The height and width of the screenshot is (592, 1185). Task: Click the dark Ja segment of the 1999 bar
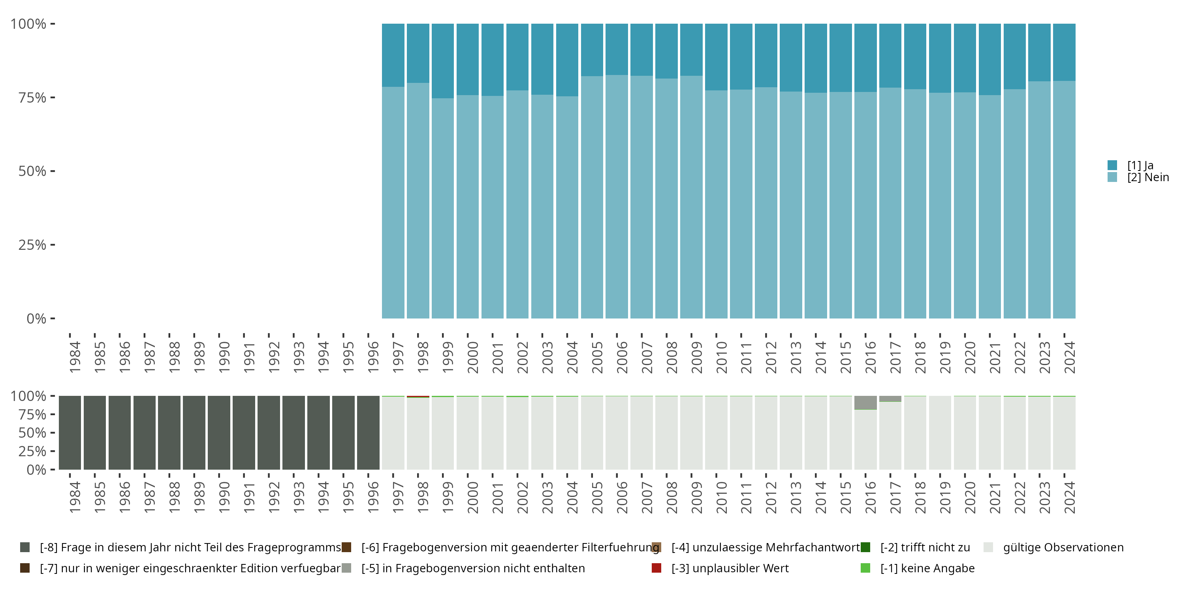click(x=442, y=61)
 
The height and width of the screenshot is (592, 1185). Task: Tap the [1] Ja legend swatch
click(x=1112, y=165)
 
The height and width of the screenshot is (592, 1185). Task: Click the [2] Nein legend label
click(x=1148, y=178)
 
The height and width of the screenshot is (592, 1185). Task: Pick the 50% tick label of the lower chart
click(x=32, y=433)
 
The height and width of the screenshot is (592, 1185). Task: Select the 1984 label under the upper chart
click(x=75, y=357)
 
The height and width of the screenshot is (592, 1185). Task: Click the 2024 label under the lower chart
click(x=1070, y=497)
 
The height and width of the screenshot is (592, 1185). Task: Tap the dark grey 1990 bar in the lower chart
click(x=219, y=433)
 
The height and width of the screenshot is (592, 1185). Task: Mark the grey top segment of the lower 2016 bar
click(x=865, y=402)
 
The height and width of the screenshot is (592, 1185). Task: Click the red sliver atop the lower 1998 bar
click(x=418, y=397)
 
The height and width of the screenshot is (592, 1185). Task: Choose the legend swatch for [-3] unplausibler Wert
click(x=656, y=568)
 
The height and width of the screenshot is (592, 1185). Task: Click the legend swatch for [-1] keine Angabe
click(x=865, y=568)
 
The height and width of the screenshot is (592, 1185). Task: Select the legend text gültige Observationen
click(x=1063, y=547)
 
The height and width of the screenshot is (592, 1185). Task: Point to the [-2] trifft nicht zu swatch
click(x=865, y=547)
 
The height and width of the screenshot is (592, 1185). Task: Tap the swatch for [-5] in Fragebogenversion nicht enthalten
click(x=346, y=568)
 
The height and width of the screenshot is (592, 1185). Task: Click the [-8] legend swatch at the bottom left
click(x=25, y=547)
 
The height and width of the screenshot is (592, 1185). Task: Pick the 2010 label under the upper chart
click(x=721, y=357)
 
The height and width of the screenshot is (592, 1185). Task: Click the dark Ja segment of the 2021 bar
click(x=989, y=59)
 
